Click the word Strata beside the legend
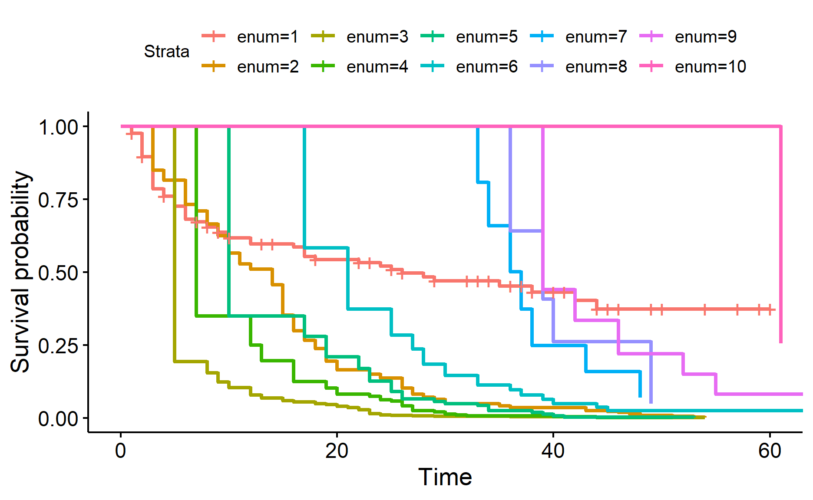pos(167,52)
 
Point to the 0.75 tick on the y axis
pos(58,200)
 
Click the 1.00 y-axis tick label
pos(58,127)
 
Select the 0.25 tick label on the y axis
pos(58,346)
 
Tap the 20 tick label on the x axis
pos(337,451)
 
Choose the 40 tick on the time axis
pos(553,451)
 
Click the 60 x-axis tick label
pos(770,451)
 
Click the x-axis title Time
pos(445,477)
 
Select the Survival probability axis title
pos(20,272)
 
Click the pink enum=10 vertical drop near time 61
pos(780,234)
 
